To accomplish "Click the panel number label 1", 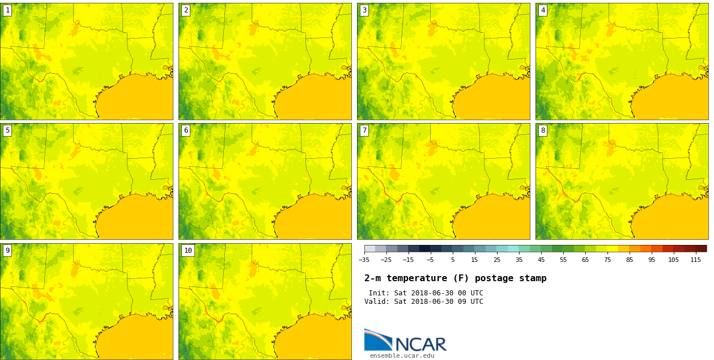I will click(7, 10).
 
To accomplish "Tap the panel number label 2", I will click(186, 10).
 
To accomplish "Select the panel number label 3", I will click(364, 10).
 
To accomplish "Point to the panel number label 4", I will click(543, 10).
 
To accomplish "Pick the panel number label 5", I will click(7, 130).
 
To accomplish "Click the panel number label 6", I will click(186, 130).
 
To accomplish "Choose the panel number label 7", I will click(364, 130).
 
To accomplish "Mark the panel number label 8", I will click(543, 130).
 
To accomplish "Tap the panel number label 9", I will click(7, 251).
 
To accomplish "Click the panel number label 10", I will click(188, 251).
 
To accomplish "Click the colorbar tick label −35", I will click(364, 260).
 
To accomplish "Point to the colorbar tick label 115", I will click(696, 260).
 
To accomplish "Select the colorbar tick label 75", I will click(607, 260).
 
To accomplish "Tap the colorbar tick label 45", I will click(541, 260).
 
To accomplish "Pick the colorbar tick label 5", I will click(452, 260).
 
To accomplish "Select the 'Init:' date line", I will click(426, 293).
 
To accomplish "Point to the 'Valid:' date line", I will click(423, 302).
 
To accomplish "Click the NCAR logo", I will click(405, 341).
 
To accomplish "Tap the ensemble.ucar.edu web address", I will click(402, 356).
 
